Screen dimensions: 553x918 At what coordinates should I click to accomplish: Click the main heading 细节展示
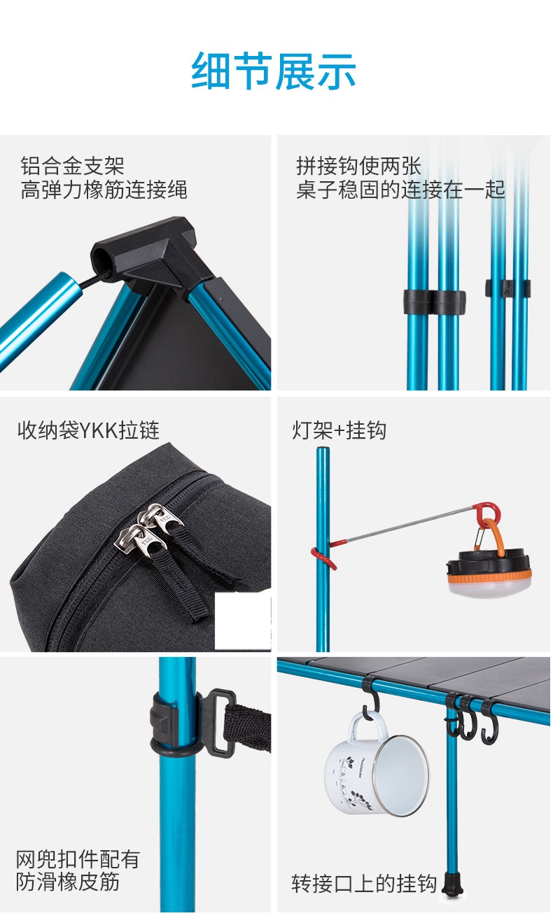[x=274, y=71]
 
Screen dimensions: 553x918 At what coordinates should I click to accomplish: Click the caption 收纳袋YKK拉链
[x=88, y=430]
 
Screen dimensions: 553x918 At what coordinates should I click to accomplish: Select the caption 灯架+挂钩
[x=339, y=430]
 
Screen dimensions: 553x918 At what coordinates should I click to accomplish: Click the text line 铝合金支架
[x=72, y=166]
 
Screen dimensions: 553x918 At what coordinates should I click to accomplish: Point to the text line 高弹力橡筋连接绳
[x=104, y=190]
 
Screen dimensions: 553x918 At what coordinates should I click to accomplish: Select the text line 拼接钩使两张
[x=358, y=166]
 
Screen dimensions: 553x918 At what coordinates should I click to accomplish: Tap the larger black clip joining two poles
[x=434, y=302]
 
